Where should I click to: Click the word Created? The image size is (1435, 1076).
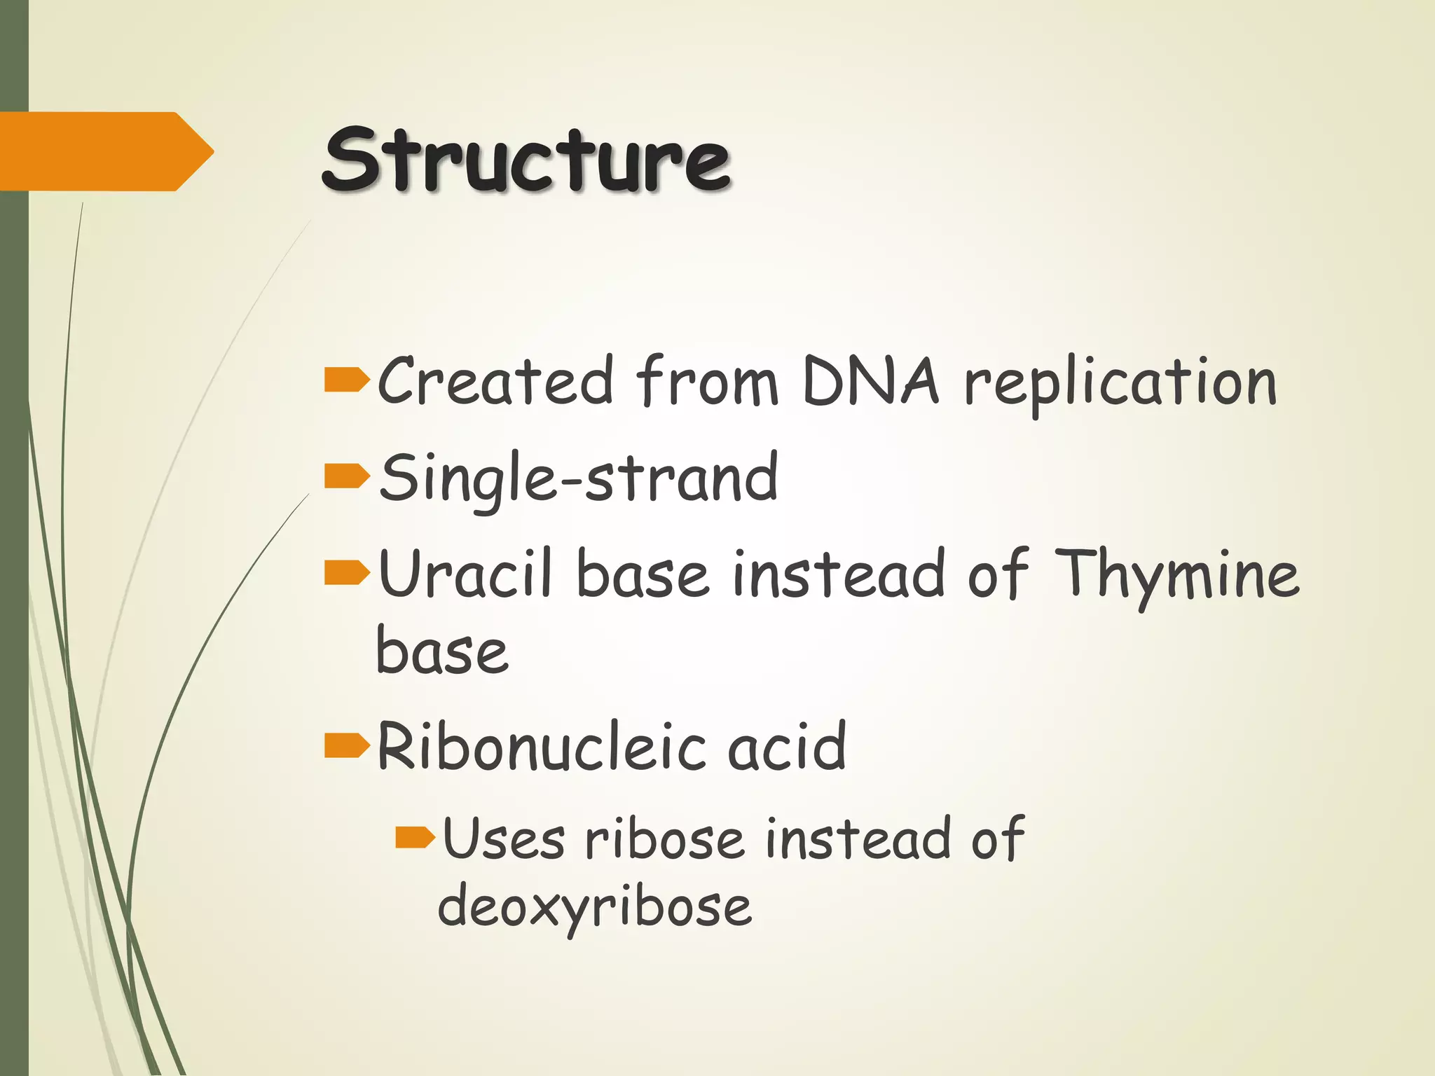(495, 382)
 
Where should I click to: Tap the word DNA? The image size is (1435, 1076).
(870, 382)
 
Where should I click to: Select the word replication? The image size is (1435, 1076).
(1119, 384)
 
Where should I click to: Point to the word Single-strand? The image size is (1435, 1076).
(578, 479)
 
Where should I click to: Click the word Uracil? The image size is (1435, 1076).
(465, 574)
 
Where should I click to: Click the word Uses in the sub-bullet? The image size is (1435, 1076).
(503, 839)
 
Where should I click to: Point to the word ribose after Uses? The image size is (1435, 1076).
(664, 839)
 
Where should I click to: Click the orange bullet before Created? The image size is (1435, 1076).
(346, 380)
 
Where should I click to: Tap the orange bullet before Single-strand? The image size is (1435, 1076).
(346, 476)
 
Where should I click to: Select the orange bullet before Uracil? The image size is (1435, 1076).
(346, 572)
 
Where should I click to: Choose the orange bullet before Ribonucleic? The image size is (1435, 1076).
(346, 746)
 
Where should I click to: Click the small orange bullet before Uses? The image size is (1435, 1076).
(415, 837)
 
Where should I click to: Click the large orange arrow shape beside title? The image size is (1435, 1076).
(105, 151)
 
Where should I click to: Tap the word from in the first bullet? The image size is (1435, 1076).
(707, 382)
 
